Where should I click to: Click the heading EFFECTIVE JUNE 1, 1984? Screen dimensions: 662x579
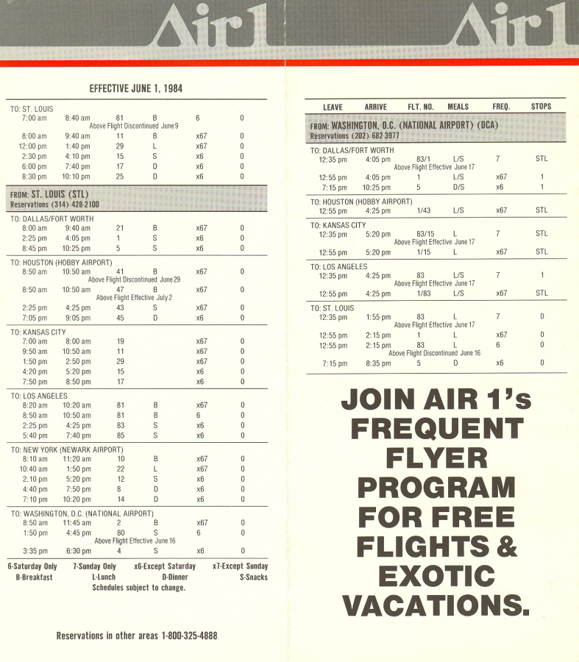(136, 88)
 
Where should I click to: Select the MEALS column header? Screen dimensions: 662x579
(458, 107)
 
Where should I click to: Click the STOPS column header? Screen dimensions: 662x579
(541, 107)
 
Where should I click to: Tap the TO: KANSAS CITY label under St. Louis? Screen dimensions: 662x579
(38, 332)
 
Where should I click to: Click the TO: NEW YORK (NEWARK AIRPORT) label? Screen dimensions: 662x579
(67, 449)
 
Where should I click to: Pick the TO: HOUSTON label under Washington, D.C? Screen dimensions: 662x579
(361, 202)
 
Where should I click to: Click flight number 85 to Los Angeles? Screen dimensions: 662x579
(120, 435)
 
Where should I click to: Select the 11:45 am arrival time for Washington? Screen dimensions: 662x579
(77, 523)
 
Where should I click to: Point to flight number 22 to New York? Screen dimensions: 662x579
(120, 469)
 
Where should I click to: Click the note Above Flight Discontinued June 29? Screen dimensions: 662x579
(135, 280)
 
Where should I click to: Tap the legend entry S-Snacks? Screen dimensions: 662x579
(253, 577)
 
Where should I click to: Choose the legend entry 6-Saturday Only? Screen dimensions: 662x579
(32, 566)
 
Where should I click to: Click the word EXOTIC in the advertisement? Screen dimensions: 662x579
(436, 576)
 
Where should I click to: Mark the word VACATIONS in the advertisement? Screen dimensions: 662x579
(436, 605)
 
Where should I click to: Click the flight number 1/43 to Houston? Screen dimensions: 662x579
(424, 210)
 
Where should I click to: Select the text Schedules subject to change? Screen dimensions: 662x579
(138, 588)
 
